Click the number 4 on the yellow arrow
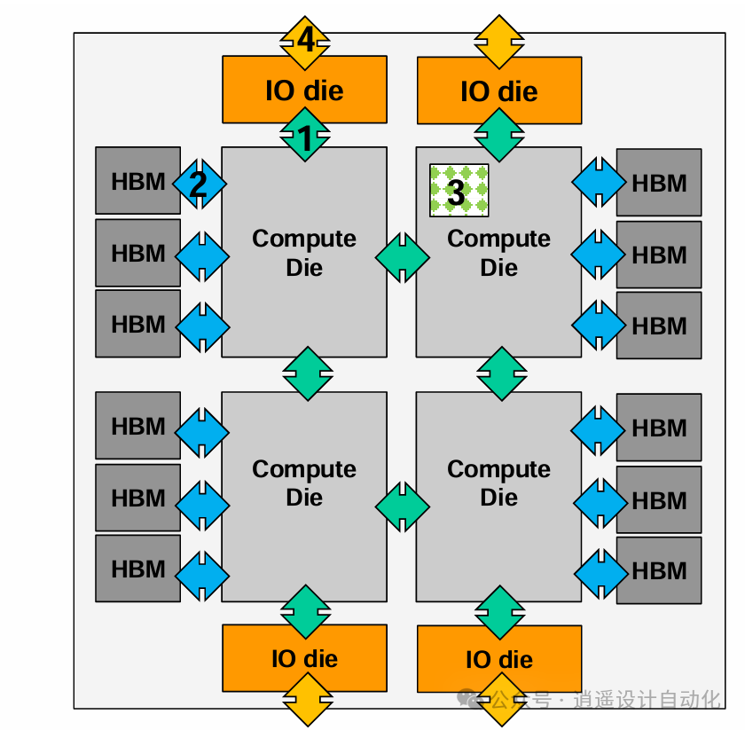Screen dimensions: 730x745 (305, 41)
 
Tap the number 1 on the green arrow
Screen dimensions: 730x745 (304, 138)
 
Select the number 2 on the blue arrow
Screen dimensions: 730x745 (198, 184)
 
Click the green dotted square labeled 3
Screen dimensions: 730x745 (459, 190)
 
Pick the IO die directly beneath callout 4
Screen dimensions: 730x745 (304, 90)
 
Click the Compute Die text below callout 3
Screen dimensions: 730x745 (498, 253)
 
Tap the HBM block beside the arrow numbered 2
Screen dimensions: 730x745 (137, 182)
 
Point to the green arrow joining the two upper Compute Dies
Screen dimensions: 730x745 (402, 258)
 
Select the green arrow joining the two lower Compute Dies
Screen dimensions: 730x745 (402, 506)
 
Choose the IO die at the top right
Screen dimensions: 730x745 (498, 90)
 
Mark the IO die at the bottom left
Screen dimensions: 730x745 (304, 658)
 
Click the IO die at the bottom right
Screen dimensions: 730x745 (498, 659)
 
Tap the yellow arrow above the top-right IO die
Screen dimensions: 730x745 (499, 41)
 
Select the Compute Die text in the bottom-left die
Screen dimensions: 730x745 (304, 483)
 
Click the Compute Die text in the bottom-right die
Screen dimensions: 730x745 (498, 483)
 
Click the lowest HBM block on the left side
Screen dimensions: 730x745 (137, 569)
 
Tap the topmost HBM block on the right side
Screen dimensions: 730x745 (659, 183)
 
